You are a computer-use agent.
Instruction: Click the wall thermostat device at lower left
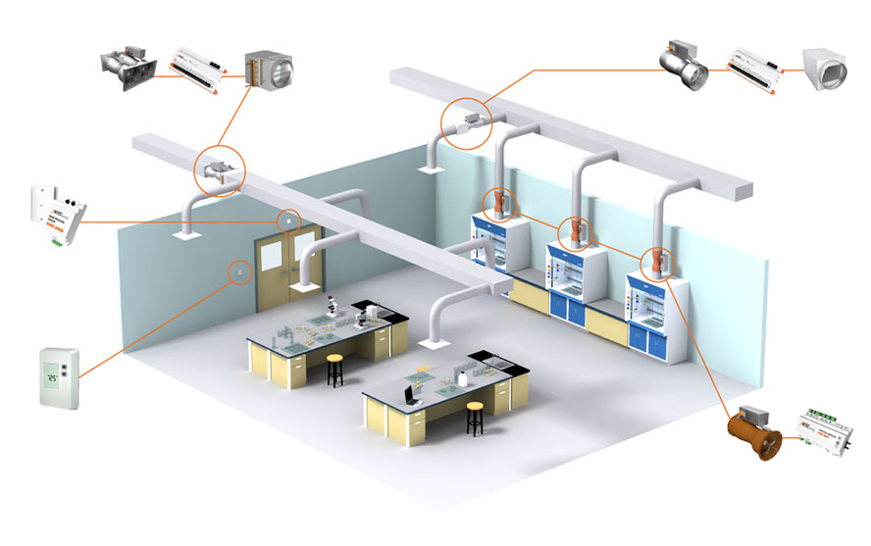57,377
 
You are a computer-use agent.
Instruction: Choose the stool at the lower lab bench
476,418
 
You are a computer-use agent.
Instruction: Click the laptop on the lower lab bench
410,393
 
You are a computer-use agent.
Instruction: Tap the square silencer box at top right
827,68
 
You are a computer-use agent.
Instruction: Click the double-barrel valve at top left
128,67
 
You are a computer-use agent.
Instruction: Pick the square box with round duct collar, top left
267,69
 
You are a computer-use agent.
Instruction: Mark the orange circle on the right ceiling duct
465,123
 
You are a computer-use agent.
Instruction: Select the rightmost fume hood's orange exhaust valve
655,263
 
